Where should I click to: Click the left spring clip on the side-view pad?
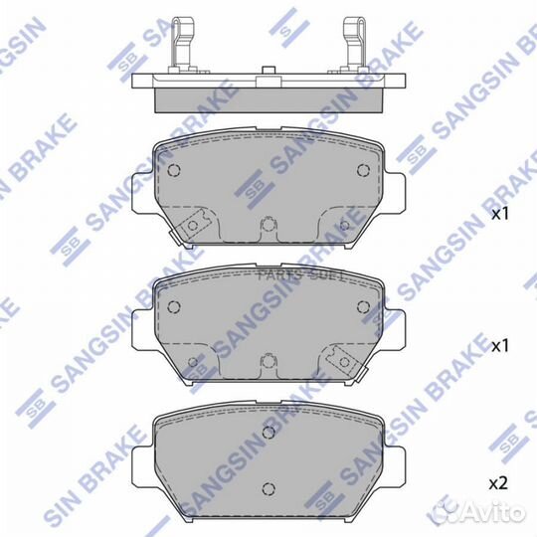(182, 44)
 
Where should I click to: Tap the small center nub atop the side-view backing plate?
(267, 71)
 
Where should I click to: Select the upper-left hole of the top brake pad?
(175, 171)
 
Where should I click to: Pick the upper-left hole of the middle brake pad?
(175, 305)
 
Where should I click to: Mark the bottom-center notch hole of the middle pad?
(267, 360)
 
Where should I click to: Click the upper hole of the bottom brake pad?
(267, 434)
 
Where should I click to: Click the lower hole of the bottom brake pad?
(267, 487)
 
